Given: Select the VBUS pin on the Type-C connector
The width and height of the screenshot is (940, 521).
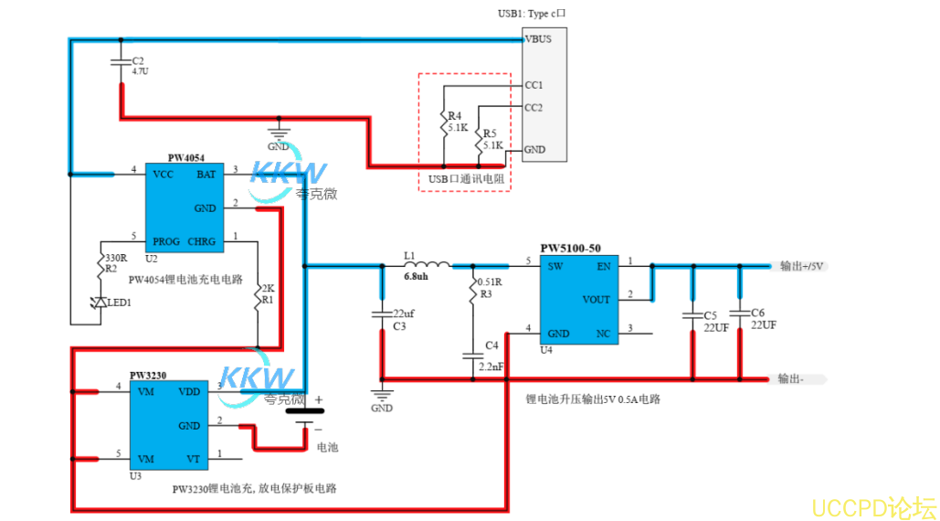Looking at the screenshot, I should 537,39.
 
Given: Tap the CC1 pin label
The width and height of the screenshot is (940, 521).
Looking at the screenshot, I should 534,85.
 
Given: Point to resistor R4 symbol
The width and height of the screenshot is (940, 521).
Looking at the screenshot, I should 443,122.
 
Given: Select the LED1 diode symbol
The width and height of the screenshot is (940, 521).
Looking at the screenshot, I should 100,303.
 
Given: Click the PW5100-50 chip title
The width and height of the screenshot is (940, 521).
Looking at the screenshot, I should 570,248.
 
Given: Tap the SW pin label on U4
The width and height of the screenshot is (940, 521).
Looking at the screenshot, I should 554,267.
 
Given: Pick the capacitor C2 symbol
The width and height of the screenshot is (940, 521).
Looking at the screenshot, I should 120,62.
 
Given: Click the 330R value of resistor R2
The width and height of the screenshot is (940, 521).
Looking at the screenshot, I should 116,259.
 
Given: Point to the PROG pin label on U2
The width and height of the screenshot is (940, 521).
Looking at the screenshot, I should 166,242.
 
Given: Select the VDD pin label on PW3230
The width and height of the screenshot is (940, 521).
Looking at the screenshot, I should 189,391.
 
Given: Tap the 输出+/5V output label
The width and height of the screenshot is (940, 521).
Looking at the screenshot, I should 803,267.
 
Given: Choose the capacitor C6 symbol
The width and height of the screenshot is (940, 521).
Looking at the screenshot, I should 739,310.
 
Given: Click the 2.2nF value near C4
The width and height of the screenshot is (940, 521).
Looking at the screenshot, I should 491,366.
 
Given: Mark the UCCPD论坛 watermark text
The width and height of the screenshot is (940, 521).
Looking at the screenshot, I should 873,507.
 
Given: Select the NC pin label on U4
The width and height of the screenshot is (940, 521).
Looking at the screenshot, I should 602,334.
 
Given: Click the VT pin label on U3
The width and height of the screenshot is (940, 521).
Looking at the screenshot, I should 193,458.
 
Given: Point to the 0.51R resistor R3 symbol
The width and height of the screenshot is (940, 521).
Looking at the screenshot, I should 472,291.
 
